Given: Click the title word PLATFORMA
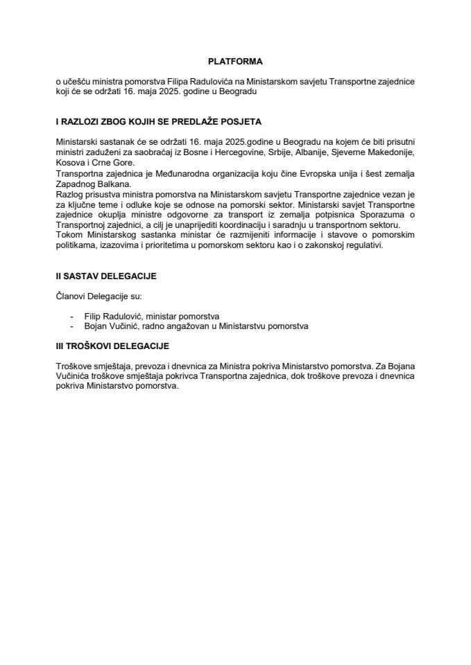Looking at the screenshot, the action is pos(235,61).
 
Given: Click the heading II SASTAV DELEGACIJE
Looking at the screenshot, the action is pos(105,276).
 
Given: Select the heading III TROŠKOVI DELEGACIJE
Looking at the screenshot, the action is pos(112,344).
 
